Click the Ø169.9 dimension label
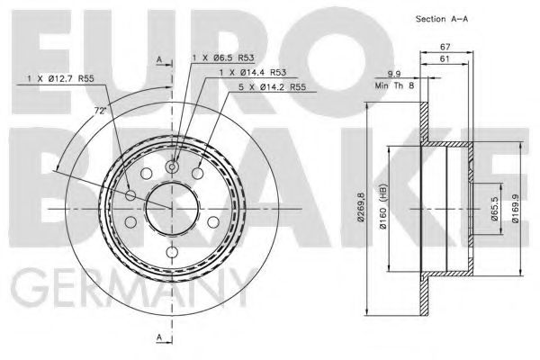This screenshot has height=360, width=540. [516, 209]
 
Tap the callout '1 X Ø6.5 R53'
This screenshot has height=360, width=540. [224, 58]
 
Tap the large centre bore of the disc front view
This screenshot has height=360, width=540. [171, 208]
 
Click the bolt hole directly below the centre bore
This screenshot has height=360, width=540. [171, 248]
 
